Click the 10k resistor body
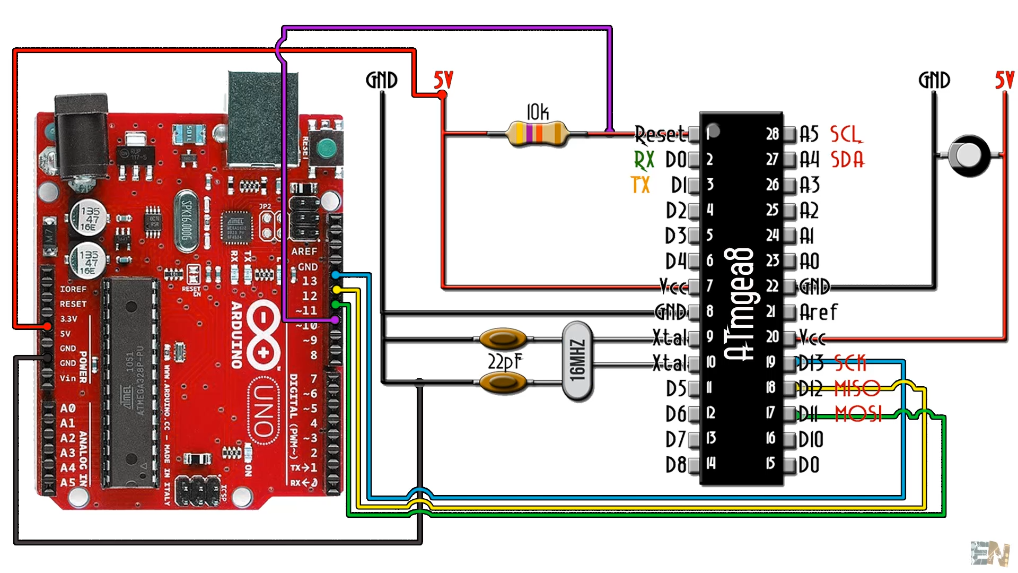(x=537, y=134)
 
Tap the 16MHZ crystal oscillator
(x=577, y=361)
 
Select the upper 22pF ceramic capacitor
(x=503, y=338)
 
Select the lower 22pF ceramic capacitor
(x=503, y=382)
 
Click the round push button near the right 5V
(x=969, y=155)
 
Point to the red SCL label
(x=846, y=134)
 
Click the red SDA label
(x=847, y=159)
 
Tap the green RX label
(x=644, y=159)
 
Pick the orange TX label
(x=640, y=185)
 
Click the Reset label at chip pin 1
(x=660, y=134)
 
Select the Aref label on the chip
(x=818, y=312)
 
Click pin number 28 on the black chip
(x=772, y=134)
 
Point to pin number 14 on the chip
(x=711, y=463)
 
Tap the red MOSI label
(x=858, y=413)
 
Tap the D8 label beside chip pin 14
(x=676, y=465)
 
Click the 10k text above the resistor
(x=537, y=112)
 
